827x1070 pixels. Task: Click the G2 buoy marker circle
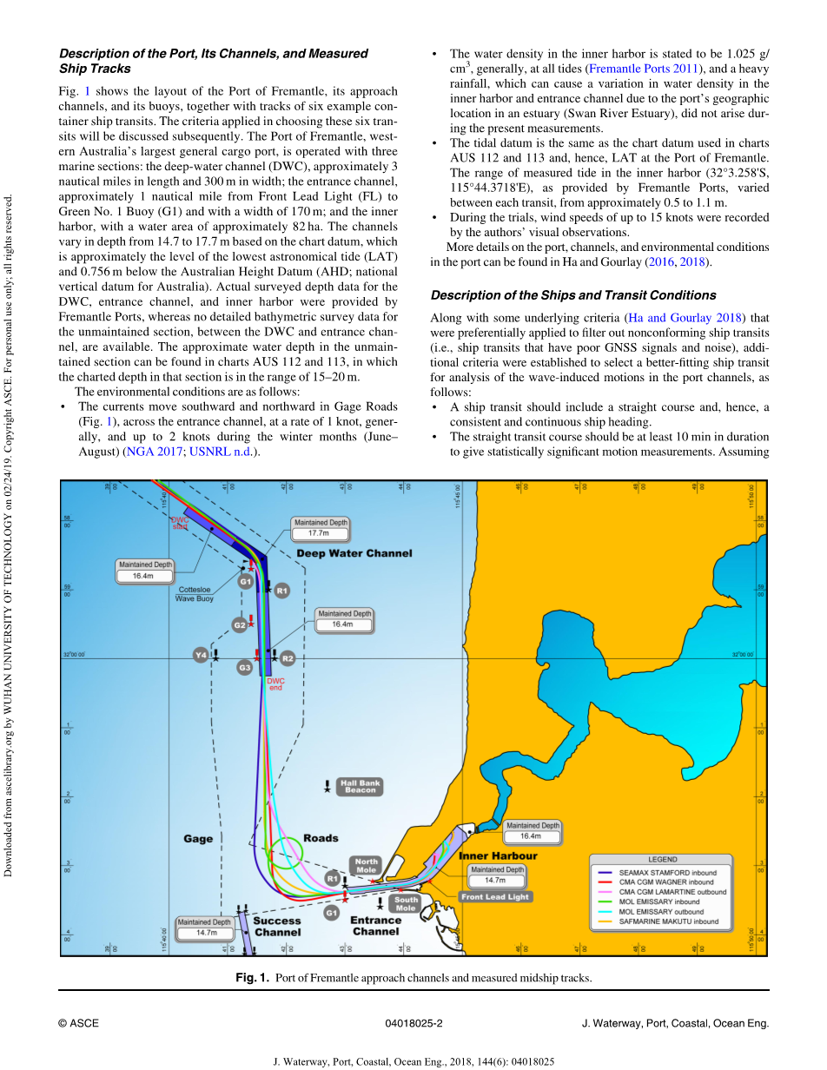tap(240, 624)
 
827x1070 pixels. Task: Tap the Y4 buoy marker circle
tap(202, 655)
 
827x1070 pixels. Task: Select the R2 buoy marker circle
tap(288, 658)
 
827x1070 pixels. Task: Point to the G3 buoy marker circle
tap(245, 667)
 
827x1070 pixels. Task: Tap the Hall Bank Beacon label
tap(360, 787)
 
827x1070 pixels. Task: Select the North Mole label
tap(367, 866)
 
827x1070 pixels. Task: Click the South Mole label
tap(406, 904)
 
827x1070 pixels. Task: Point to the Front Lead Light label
tap(495, 896)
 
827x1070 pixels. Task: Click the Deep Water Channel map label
tap(354, 553)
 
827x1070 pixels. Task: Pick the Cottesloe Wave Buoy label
tap(195, 593)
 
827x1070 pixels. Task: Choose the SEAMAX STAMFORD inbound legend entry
tap(668, 872)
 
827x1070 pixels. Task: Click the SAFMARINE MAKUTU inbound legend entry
tap(669, 921)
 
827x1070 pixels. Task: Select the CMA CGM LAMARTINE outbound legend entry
tap(672, 892)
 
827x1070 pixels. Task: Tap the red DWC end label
tap(275, 684)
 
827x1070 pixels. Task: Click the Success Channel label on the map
tap(277, 926)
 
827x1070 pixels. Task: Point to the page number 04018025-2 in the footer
tap(413, 1023)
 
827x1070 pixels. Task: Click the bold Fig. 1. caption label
tap(253, 978)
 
